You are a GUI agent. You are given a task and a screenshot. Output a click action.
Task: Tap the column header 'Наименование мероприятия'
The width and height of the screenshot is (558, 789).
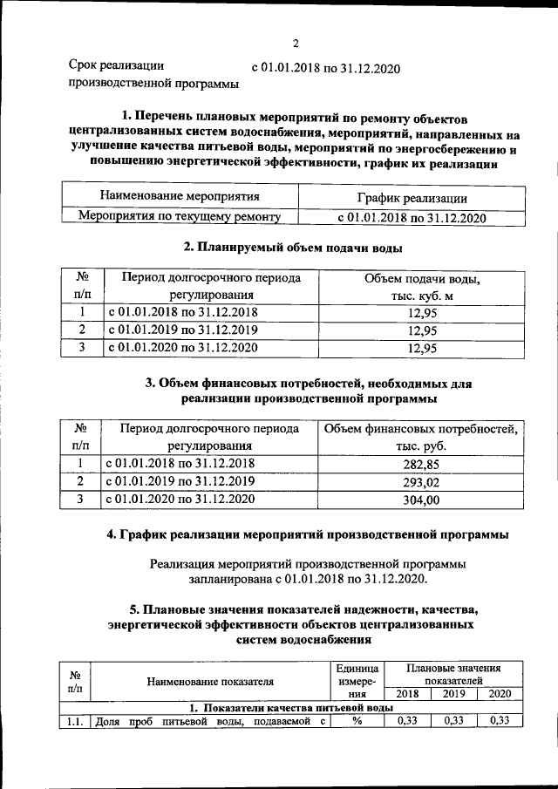[180, 197]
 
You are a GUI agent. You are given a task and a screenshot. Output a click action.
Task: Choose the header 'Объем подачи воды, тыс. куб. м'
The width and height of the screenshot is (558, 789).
[422, 287]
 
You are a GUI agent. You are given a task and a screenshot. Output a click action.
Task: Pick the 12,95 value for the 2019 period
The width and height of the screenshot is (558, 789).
[422, 330]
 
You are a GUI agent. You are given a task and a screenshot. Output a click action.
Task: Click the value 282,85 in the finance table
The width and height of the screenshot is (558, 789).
[421, 464]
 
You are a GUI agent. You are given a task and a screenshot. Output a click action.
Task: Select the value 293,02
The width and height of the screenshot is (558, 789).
[421, 481]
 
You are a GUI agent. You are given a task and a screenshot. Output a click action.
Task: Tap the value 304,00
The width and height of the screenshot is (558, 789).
[421, 500]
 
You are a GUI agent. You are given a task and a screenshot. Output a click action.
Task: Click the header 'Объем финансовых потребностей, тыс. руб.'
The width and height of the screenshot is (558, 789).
[421, 437]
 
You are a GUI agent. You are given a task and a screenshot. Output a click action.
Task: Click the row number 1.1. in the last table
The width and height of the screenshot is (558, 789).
[74, 721]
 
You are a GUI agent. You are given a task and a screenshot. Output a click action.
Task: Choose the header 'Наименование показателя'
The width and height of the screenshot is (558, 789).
[210, 681]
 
